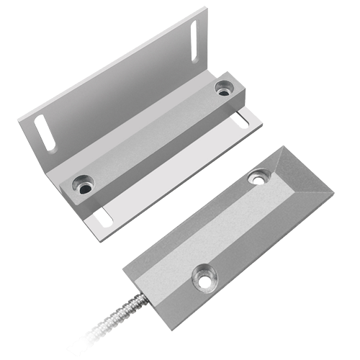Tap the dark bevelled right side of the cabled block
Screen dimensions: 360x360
(274, 252)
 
